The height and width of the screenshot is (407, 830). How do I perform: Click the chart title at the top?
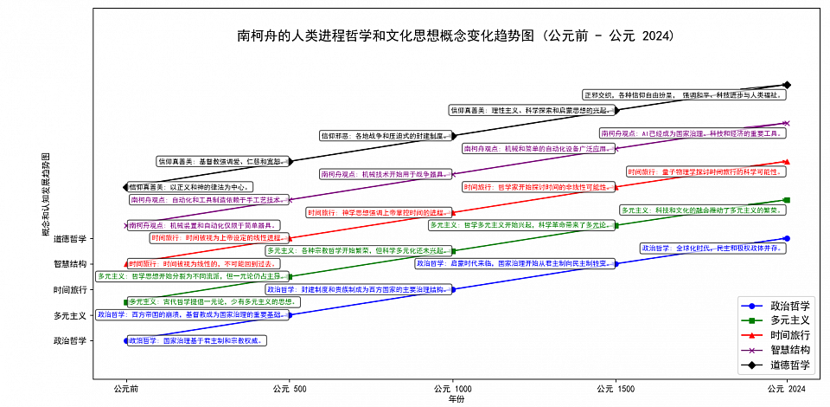tap(456, 36)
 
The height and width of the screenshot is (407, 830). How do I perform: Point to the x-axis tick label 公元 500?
tap(289, 390)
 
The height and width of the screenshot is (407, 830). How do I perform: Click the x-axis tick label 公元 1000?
tap(452, 390)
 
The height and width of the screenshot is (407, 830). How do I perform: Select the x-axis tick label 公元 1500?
tap(616, 390)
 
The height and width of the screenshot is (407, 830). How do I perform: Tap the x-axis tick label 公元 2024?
tap(786, 390)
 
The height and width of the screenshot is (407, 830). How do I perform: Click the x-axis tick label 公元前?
tap(126, 390)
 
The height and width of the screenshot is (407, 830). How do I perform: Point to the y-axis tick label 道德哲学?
tap(70, 239)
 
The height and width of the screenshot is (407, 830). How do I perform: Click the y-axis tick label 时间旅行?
tap(70, 290)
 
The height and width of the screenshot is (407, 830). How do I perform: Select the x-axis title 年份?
tap(456, 400)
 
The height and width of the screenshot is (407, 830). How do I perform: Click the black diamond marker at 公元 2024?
tap(786, 85)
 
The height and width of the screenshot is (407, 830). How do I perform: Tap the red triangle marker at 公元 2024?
tap(786, 162)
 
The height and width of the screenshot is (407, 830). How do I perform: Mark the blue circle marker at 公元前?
tap(126, 341)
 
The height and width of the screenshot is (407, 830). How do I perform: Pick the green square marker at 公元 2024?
tap(786, 200)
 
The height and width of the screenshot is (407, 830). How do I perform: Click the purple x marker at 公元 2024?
tap(786, 123)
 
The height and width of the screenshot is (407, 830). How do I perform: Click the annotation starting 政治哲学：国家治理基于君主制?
tap(196, 341)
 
